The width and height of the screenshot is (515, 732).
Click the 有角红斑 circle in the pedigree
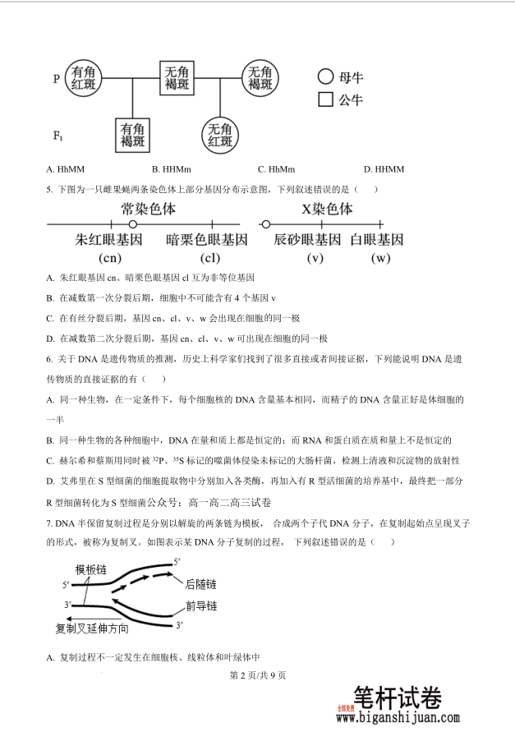pos(85,79)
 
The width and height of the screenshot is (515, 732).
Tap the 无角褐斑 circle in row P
pos(260,79)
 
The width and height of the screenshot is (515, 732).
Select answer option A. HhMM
pos(62,169)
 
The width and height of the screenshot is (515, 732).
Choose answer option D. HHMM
pos(384,169)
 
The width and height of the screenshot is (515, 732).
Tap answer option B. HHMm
pos(169,169)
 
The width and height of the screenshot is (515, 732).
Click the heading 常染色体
pos(149,209)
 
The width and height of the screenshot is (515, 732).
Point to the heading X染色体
pos(327,209)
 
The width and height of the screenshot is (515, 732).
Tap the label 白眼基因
pos(377,240)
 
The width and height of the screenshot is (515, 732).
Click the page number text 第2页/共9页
pos(258,675)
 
